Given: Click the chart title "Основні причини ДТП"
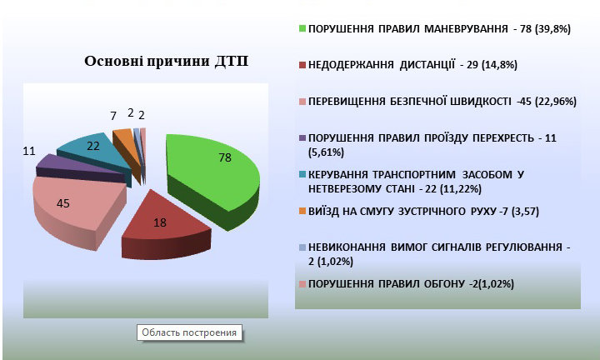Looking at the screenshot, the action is click(x=166, y=61).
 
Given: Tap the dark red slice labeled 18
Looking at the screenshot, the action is click(x=165, y=226).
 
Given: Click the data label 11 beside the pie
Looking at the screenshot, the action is click(x=29, y=151).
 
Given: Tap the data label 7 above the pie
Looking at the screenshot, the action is click(x=113, y=116).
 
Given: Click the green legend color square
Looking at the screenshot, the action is click(x=302, y=28).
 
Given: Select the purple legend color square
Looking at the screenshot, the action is click(x=302, y=137).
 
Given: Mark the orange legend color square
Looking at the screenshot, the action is click(x=302, y=211).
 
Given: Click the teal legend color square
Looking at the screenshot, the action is click(x=302, y=174).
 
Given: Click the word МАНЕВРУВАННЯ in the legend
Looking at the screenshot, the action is click(x=466, y=28).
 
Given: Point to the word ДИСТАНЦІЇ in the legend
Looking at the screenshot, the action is click(x=427, y=65).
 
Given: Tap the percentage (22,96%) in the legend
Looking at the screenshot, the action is click(x=556, y=102).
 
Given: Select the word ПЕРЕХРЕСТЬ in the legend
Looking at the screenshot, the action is click(x=502, y=137).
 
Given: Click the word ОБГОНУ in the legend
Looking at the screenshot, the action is click(x=444, y=284).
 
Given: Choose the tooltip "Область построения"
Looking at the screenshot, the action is click(x=189, y=332).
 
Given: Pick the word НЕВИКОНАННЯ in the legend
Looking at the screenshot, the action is click(x=347, y=247).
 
